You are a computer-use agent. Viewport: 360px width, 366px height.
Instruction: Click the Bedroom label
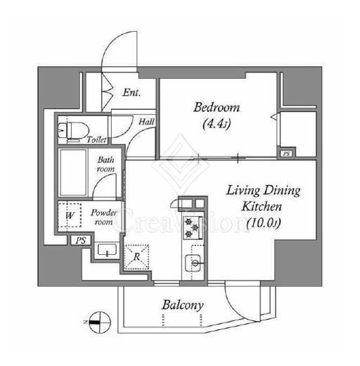pos(217,108)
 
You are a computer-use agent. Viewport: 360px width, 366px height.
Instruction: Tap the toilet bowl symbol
pos(74,131)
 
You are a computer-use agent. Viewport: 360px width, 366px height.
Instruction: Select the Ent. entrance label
pos(131,92)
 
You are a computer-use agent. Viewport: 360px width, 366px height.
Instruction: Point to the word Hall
pos(146,122)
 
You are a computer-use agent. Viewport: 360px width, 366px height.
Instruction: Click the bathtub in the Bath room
pos(73,172)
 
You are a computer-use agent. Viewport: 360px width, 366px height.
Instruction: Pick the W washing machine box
pos(70,215)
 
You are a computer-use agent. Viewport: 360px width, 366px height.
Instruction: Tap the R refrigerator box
pos(136,257)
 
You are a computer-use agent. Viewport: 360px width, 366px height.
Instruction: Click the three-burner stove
pos(193,227)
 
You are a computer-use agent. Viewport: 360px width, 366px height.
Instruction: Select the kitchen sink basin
pos(193,263)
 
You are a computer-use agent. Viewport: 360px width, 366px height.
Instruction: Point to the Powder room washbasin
pos(107,250)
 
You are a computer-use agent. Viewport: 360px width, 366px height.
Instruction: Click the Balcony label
pos(183,305)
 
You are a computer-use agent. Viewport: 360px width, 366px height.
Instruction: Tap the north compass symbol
pos(100,322)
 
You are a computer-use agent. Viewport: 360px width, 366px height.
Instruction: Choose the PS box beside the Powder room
pos(81,241)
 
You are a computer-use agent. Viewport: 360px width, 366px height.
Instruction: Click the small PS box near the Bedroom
pos(286,154)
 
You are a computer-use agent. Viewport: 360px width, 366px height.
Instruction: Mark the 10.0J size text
pos(264,223)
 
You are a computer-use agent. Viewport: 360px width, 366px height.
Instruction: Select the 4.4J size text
pos(217,123)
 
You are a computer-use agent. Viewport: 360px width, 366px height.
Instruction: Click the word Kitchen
pos(262,206)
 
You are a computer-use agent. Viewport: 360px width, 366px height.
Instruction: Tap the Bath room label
pos(105,164)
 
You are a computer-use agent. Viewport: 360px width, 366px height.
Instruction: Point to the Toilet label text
pos(96,139)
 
